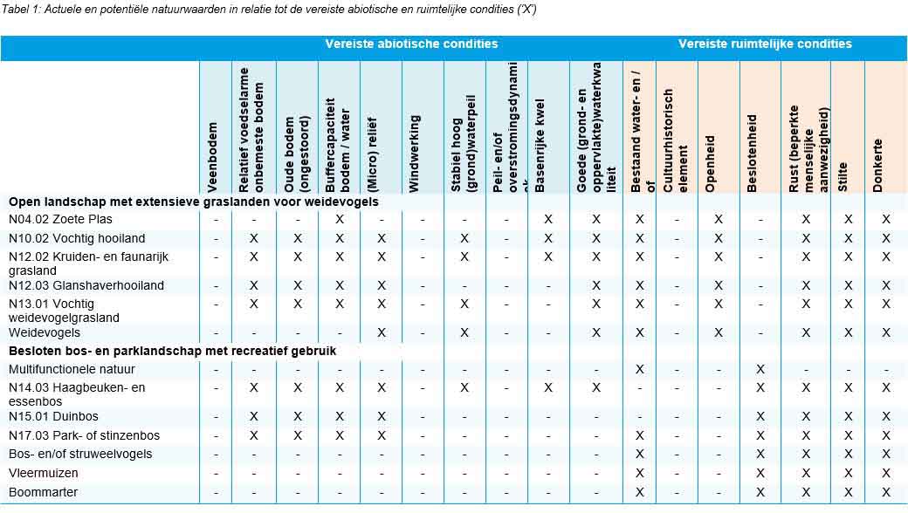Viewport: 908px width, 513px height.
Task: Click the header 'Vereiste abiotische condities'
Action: point(411,44)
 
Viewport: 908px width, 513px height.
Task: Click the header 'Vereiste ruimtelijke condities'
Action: point(765,44)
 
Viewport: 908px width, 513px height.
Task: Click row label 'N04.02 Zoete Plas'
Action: point(60,219)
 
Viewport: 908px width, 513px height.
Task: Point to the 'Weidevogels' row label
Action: point(45,332)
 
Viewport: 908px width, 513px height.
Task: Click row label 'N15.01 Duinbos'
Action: point(53,415)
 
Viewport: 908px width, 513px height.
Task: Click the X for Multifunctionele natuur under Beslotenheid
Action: point(760,369)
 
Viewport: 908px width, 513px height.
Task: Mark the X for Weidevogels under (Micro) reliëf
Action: point(381,332)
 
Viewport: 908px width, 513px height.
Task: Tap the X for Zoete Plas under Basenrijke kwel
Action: point(548,219)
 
